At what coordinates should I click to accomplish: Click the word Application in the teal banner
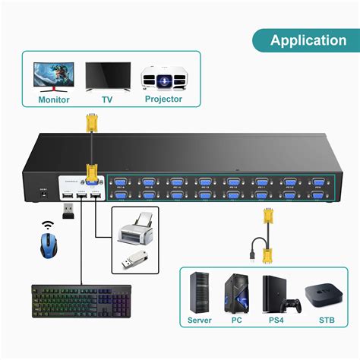tap(308, 40)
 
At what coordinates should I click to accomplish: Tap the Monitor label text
tap(53, 99)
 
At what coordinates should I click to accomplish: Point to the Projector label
tap(163, 99)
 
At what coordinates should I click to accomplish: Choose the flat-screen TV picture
tap(106, 76)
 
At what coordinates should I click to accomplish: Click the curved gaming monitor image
tap(53, 76)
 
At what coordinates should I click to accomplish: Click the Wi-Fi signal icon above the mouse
tap(49, 226)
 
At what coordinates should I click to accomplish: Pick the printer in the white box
tap(137, 226)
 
